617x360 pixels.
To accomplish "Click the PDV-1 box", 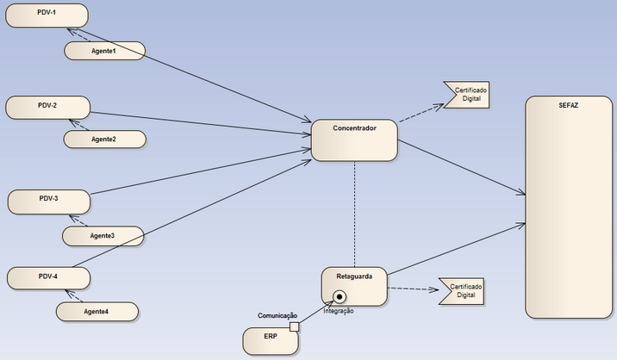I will tap(47, 16).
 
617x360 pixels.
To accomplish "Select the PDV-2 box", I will tap(47, 108).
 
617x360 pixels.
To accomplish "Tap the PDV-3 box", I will tap(48, 202).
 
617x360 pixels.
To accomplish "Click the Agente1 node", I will tap(103, 51).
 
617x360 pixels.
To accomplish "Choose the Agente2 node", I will tap(103, 139).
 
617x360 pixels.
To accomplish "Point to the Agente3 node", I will tap(102, 234).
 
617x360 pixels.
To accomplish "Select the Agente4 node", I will tap(96, 311).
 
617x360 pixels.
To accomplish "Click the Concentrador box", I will tap(354, 140).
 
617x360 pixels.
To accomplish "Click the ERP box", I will tap(270, 340).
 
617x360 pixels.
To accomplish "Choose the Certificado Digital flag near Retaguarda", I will tap(462, 290).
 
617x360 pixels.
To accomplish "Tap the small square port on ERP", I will tap(295, 327).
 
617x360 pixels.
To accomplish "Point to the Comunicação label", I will tap(277, 316).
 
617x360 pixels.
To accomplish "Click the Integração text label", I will tap(339, 311).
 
